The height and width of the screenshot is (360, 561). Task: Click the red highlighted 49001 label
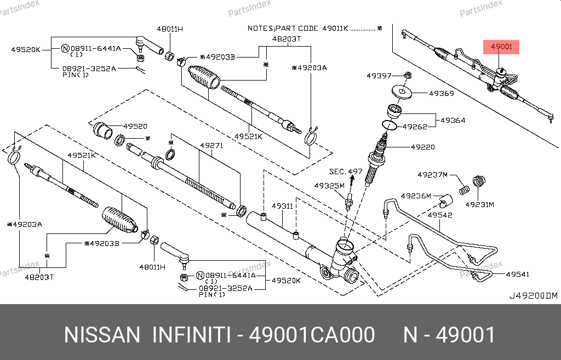coord(501,48)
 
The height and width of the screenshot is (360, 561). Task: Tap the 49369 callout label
coord(441,94)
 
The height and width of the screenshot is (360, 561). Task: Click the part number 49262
coord(415,126)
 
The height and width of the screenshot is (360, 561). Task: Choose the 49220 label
coord(422,147)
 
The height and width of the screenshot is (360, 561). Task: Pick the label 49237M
coord(432,175)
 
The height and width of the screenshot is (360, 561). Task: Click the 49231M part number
coord(480,204)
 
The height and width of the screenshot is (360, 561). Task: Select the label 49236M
coord(416,196)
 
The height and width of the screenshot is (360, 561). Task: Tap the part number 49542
coord(440,215)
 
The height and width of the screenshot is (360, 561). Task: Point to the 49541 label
coord(517,274)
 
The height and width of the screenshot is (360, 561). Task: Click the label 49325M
coord(329,185)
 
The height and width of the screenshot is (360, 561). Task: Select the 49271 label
coord(211,146)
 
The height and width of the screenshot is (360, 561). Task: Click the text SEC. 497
coord(346,172)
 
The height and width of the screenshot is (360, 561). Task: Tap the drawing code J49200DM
coord(533,296)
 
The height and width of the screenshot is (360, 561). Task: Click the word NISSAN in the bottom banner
coord(102,334)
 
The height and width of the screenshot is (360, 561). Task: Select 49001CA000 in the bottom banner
coord(312,334)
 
